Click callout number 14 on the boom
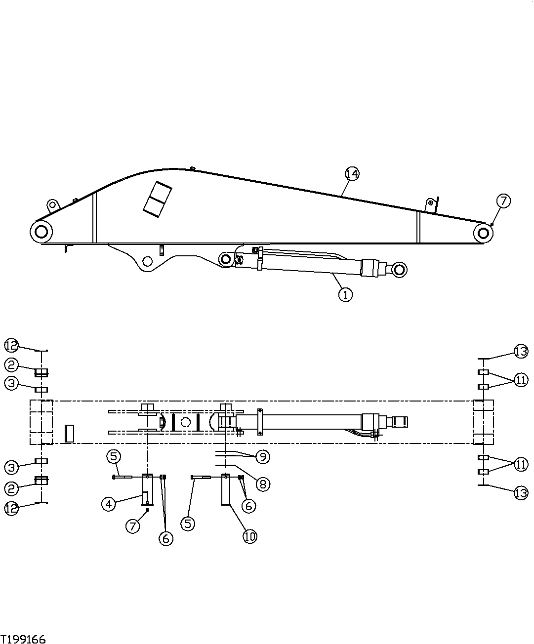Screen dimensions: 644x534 352,174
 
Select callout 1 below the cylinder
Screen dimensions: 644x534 345,294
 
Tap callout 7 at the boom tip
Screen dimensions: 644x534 503,201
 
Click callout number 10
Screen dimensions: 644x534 250,536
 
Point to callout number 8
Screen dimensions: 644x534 262,484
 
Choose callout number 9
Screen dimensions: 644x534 262,457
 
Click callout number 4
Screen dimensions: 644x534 109,504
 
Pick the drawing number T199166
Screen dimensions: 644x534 23,639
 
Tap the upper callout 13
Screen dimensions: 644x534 521,352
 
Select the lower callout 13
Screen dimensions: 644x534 521,493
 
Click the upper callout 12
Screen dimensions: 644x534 11,344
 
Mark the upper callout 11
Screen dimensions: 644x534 521,380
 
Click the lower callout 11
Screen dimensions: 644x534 521,464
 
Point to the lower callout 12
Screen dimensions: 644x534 11,509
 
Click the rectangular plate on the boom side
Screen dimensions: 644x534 157,200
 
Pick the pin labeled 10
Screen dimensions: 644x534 226,490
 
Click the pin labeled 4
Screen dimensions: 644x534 147,489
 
